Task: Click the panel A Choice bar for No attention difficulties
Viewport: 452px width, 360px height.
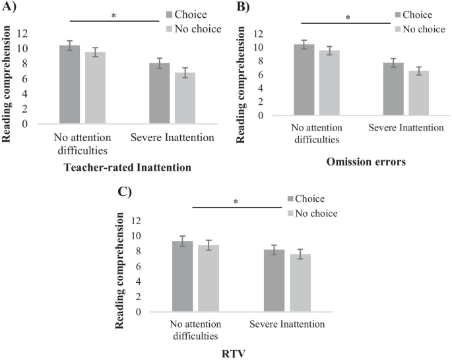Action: (x=69, y=84)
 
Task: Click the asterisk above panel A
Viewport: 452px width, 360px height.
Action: (x=113, y=15)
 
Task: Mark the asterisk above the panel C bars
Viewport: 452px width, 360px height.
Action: (x=236, y=202)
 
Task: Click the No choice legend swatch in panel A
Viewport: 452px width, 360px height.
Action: (x=170, y=28)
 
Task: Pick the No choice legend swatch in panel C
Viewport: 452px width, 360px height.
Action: (x=293, y=213)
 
